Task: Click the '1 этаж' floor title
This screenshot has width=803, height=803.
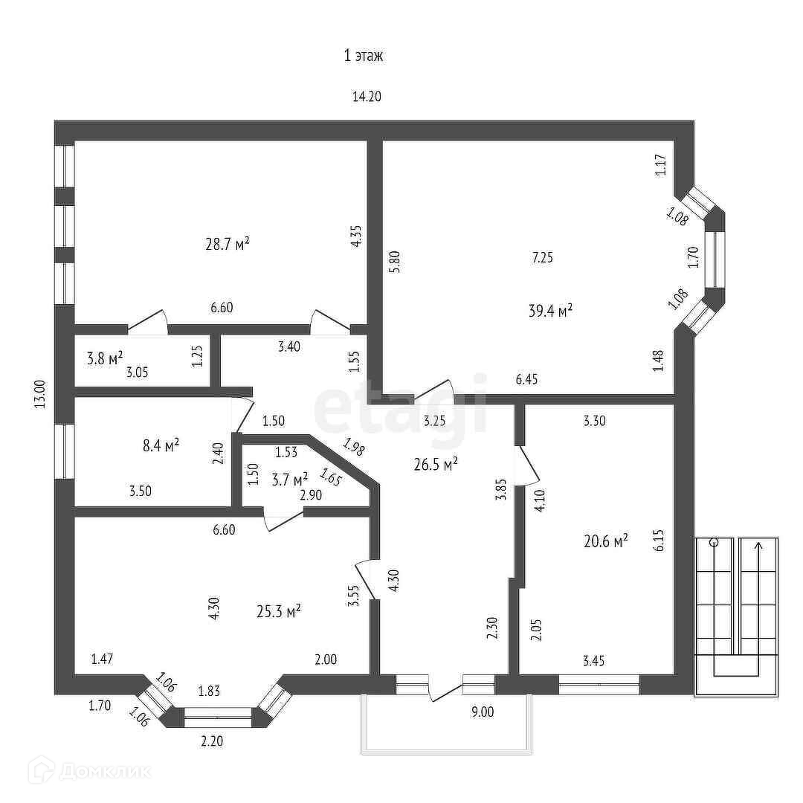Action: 363,56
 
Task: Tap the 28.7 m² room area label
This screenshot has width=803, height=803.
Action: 227,243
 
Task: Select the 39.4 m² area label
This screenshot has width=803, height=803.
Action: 550,311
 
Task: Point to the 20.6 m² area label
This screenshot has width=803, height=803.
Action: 606,541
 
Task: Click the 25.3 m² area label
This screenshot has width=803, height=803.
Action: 278,611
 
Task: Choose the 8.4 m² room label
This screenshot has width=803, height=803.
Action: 161,445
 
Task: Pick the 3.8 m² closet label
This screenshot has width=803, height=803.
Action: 105,359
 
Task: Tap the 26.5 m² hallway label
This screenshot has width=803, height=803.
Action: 435,465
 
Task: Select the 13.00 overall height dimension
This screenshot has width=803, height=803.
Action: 40,394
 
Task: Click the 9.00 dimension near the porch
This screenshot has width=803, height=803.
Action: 483,712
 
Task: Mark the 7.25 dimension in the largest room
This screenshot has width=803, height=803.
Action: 542,258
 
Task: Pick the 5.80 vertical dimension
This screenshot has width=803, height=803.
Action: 395,262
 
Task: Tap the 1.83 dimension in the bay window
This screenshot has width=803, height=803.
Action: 210,691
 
